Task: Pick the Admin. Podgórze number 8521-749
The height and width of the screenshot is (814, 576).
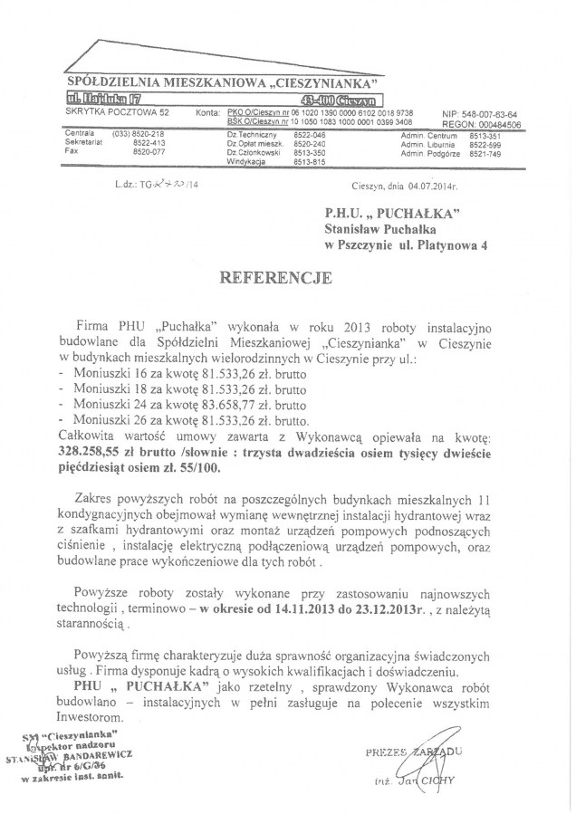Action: (x=485, y=152)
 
